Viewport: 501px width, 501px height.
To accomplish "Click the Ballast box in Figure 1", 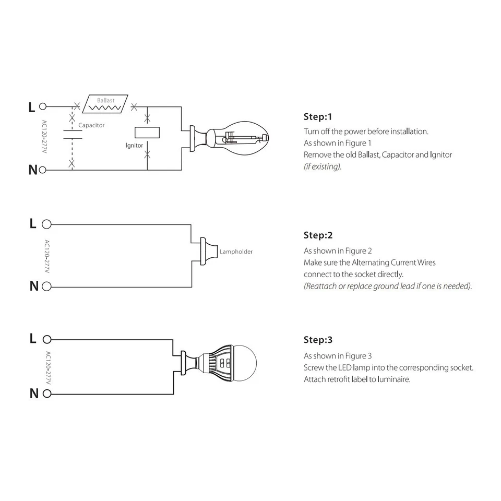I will pyautogui.click(x=105, y=103).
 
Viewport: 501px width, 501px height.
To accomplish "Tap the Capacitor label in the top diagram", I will pyautogui.click(x=91, y=125).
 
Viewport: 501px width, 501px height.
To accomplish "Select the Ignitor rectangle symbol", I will pyautogui.click(x=147, y=132).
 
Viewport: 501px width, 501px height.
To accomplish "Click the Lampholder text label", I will pyautogui.click(x=236, y=252).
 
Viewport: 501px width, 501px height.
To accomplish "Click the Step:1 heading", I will pyautogui.click(x=318, y=116).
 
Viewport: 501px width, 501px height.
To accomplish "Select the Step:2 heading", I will pyautogui.click(x=318, y=235).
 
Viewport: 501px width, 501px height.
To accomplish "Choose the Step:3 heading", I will pyautogui.click(x=318, y=340).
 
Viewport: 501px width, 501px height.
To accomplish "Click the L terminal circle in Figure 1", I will pyautogui.click(x=43, y=107).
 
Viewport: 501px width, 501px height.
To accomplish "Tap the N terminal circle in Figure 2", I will pyautogui.click(x=46, y=287).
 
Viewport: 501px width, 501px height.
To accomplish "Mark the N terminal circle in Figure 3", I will pyautogui.click(x=46, y=393).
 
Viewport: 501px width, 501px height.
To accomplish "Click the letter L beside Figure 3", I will pyautogui.click(x=33, y=339).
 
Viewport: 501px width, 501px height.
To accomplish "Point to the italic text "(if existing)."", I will pyautogui.click(x=323, y=166).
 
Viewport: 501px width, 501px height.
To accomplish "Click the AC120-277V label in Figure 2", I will pyautogui.click(x=46, y=255).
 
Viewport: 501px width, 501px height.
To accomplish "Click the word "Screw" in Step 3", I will pyautogui.click(x=314, y=367).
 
